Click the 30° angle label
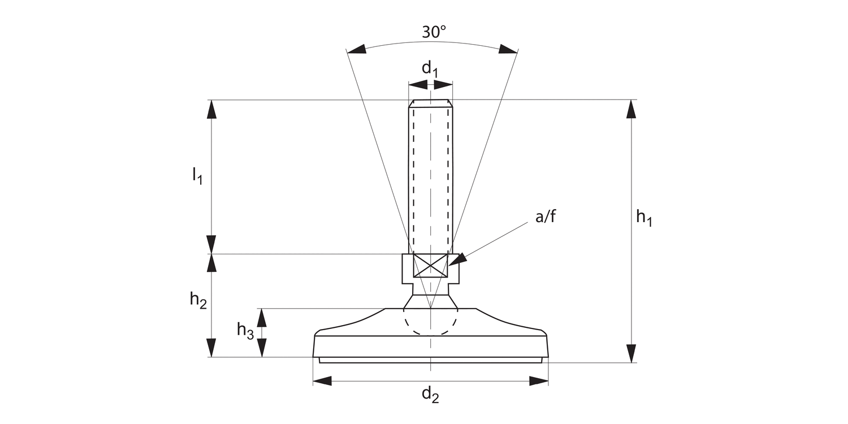click(434, 32)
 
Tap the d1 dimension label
click(430, 69)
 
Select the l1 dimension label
click(197, 176)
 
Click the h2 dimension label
click(198, 301)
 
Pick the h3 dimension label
click(245, 330)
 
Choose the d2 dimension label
click(430, 395)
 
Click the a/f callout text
click(546, 217)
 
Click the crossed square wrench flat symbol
click(431, 266)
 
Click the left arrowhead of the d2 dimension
click(322, 381)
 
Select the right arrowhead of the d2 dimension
click(539, 381)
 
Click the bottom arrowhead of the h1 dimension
click(631, 354)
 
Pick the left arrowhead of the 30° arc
click(356, 49)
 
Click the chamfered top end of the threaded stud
click(431, 103)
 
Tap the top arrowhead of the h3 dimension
click(262, 318)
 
